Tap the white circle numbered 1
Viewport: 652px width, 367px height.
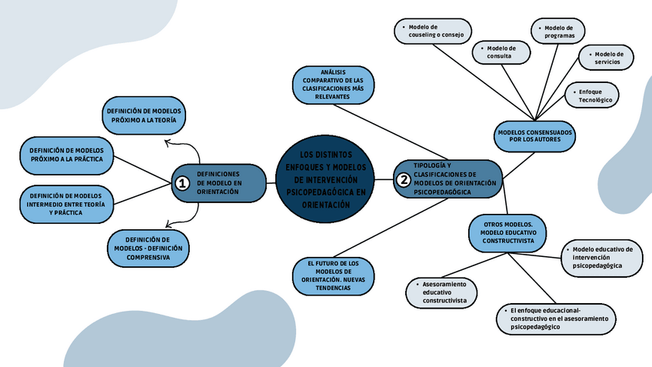coord(182,183)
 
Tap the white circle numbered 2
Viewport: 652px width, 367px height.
coord(403,180)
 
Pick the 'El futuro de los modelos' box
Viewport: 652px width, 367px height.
coord(332,276)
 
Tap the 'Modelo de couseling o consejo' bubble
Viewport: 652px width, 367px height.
coord(433,31)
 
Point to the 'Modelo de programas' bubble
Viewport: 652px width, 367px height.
coord(558,32)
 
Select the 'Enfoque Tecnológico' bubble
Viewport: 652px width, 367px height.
coord(594,95)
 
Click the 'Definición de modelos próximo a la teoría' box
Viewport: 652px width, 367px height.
coord(146,115)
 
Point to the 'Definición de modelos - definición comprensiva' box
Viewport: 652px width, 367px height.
coord(147,248)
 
